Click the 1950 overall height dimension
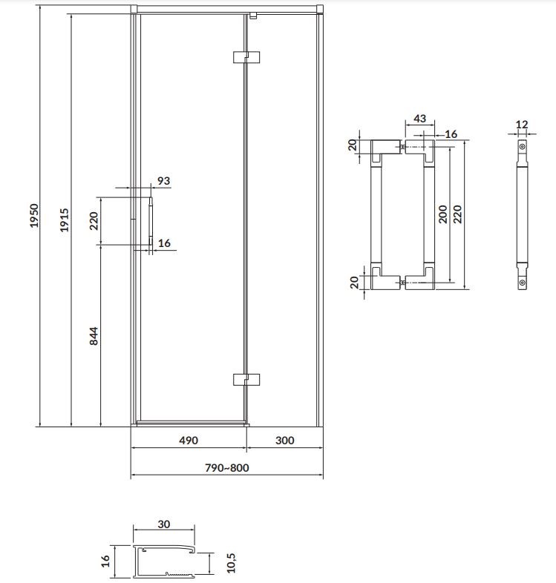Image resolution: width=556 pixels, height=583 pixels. [34, 216]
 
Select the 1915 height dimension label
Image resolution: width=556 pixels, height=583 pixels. [65, 220]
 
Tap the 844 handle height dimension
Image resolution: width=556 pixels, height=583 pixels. [94, 336]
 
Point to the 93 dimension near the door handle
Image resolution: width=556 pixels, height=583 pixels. [163, 181]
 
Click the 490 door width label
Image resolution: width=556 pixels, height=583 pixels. [189, 441]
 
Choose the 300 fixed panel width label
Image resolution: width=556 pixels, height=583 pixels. [285, 441]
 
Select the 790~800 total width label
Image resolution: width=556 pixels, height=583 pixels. [227, 468]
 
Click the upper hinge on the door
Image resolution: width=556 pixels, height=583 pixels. [246, 57]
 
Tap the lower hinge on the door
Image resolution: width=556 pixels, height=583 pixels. [246, 380]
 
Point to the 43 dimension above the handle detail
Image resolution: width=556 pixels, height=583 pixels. [420, 119]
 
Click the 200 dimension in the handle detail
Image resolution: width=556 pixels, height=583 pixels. [442, 214]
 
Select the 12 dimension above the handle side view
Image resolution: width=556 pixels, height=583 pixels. [522, 125]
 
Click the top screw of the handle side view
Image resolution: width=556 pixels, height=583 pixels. [522, 147]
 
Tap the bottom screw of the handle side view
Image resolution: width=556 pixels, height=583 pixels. [522, 283]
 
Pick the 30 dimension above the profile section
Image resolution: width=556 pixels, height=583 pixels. [164, 524]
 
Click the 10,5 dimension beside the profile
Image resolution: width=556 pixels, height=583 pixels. [231, 562]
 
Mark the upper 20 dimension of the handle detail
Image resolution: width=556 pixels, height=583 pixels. [353, 145]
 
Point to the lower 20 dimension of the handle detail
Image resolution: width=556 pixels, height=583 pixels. [354, 282]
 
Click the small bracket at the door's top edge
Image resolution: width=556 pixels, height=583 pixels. [253, 16]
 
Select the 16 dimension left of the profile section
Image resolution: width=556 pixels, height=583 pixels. [105, 561]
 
